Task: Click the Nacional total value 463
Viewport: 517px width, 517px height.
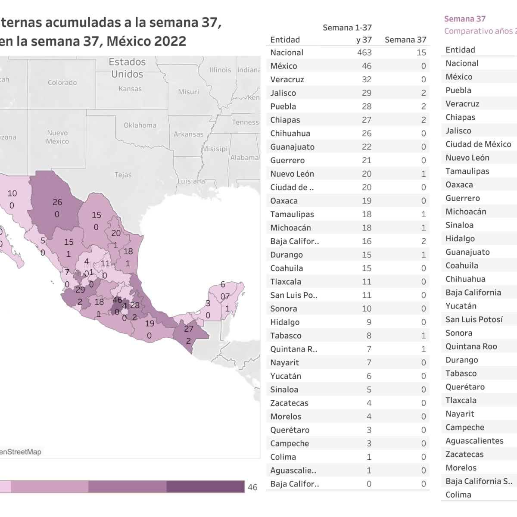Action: pyautogui.click(x=364, y=53)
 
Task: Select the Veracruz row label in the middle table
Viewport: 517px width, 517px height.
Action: pyautogui.click(x=287, y=79)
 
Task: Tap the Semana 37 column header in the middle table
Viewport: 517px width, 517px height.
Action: pyautogui.click(x=405, y=40)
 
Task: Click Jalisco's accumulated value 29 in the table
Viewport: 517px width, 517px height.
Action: pyautogui.click(x=366, y=93)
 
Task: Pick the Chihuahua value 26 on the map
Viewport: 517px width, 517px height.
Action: pyautogui.click(x=57, y=202)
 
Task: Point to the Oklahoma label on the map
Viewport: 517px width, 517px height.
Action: pyautogui.click(x=140, y=125)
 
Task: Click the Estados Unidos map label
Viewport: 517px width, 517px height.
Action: pyautogui.click(x=127, y=68)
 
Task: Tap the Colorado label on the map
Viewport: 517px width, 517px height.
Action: pyautogui.click(x=62, y=82)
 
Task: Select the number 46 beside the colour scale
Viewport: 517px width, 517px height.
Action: pyautogui.click(x=252, y=487)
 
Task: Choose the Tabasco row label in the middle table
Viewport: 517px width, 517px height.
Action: pyautogui.click(x=286, y=336)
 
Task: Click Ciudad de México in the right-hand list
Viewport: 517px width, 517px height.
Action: pyautogui.click(x=478, y=144)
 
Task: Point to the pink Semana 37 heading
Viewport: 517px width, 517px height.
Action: pyautogui.click(x=464, y=19)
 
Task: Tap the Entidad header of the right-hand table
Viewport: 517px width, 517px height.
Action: pyautogui.click(x=460, y=50)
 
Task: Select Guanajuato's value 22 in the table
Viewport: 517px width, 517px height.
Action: pyautogui.click(x=366, y=147)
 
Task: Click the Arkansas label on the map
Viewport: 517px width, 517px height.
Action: pyautogui.click(x=188, y=134)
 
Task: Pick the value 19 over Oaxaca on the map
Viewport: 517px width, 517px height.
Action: pyautogui.click(x=149, y=323)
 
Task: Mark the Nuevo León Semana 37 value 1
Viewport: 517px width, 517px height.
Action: pyautogui.click(x=423, y=174)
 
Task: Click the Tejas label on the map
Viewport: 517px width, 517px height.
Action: pyautogui.click(x=123, y=175)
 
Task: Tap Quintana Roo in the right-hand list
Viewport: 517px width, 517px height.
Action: pyautogui.click(x=471, y=346)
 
